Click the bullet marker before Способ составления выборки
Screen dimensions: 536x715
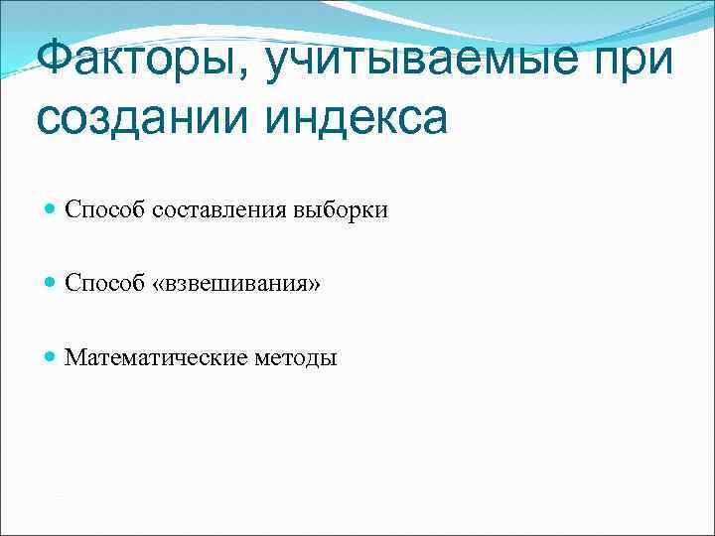point(50,209)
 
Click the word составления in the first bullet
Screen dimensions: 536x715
point(218,209)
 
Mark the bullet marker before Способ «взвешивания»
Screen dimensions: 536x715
point(50,283)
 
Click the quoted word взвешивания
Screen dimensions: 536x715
point(237,284)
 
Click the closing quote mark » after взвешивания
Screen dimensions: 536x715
point(315,285)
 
